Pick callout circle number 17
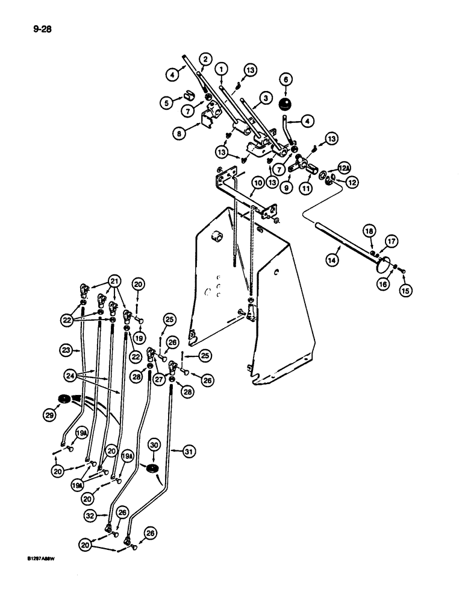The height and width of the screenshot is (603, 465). click(391, 241)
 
